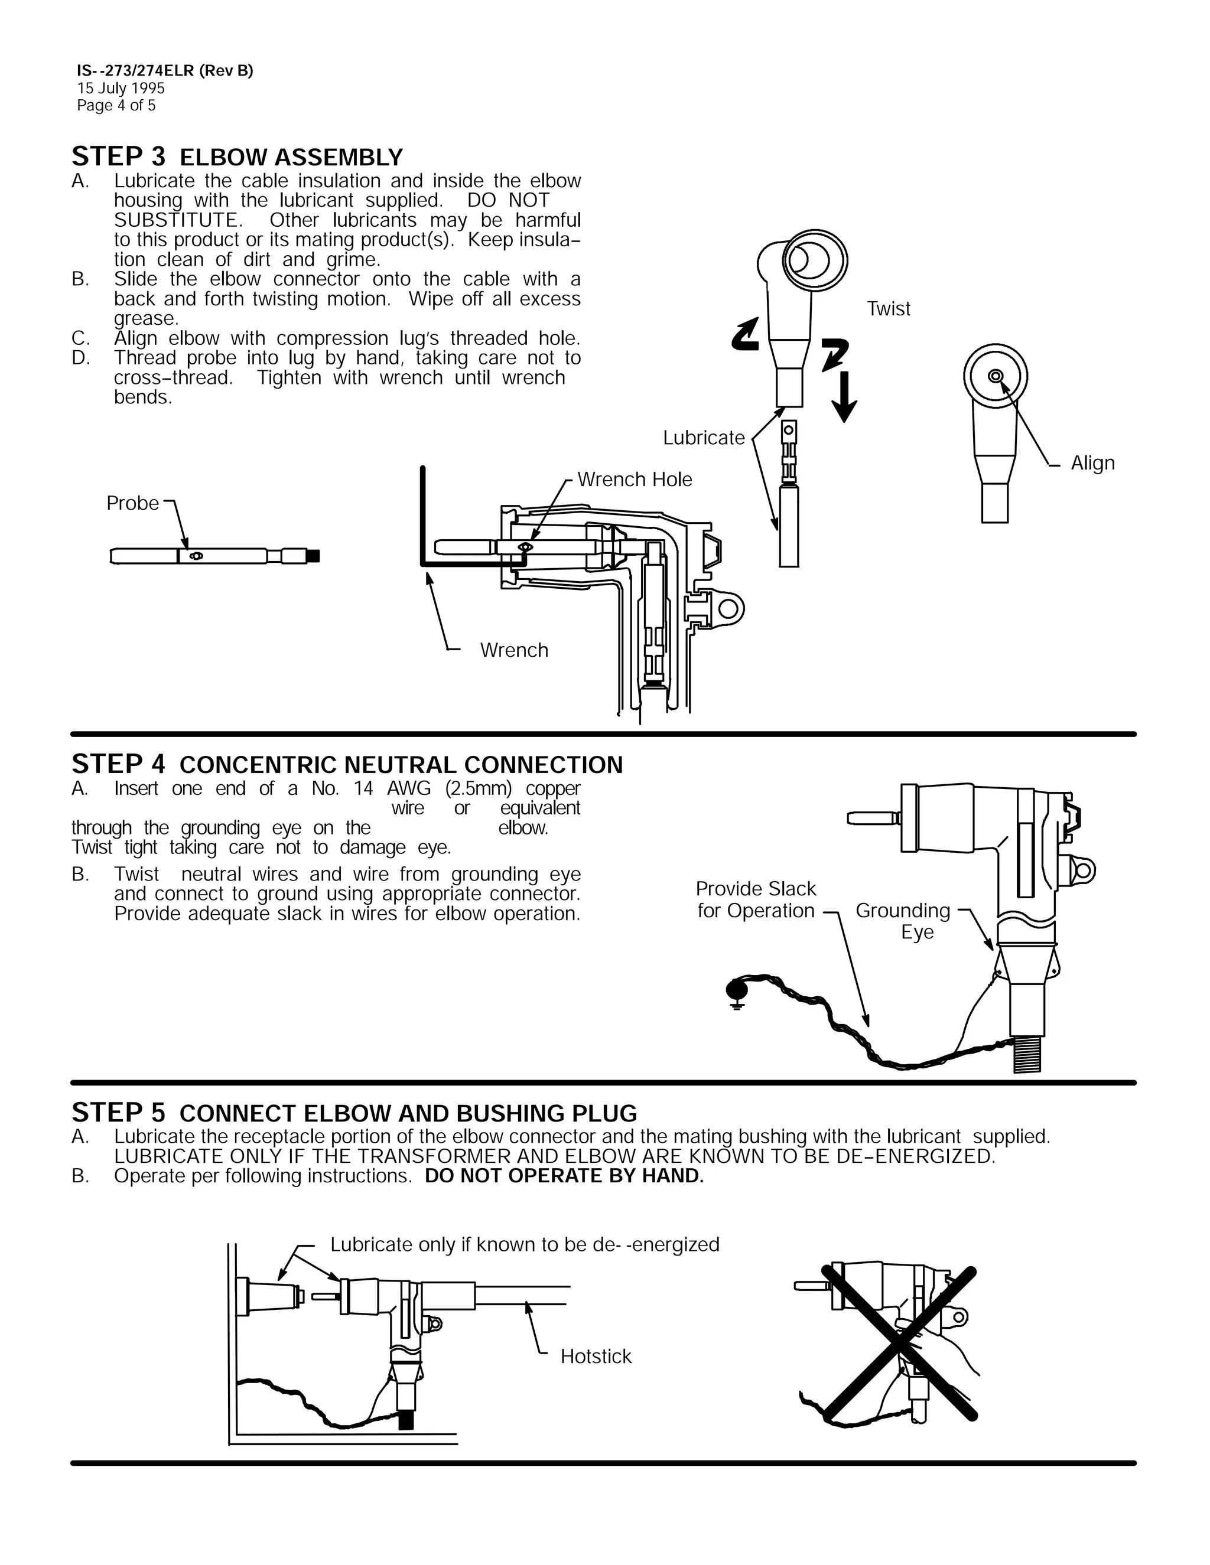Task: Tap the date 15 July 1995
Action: tap(121, 88)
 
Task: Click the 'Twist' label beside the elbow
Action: tap(888, 309)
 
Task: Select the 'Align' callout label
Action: tap(1092, 463)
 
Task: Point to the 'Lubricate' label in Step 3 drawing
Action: tap(703, 438)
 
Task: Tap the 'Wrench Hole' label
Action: tap(635, 480)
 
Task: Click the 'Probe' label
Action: tap(132, 503)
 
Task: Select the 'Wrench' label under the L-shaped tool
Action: tap(514, 650)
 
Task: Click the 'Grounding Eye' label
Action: tap(904, 921)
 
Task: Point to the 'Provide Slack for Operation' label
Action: tap(756, 899)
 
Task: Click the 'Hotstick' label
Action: tap(596, 1357)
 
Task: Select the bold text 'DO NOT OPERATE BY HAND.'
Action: tap(564, 1176)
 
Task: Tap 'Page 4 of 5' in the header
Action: tap(116, 105)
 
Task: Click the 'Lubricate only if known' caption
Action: tap(524, 1245)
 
